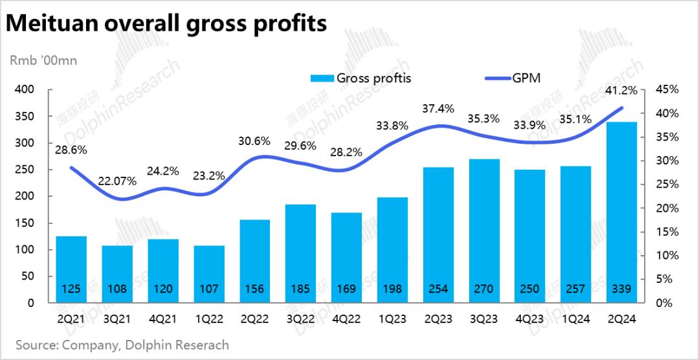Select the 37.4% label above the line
(x=438, y=109)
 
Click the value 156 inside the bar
(x=255, y=289)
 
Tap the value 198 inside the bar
(x=392, y=289)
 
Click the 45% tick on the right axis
(x=666, y=89)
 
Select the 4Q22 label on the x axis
(x=347, y=318)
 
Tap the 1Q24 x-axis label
(x=576, y=318)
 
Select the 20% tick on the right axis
(x=666, y=208)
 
